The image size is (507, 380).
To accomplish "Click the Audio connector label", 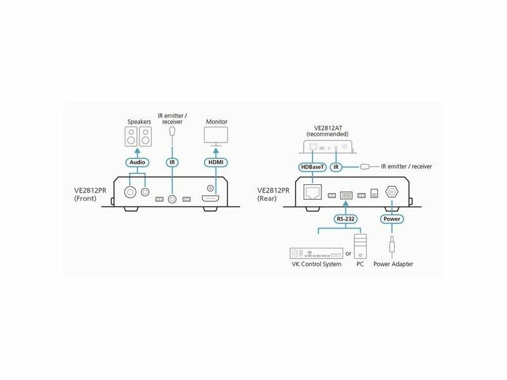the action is click(138, 162).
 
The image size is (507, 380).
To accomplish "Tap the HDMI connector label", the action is click(215, 162).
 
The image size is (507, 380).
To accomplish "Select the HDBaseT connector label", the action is click(312, 167).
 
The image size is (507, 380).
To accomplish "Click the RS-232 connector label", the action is click(345, 218).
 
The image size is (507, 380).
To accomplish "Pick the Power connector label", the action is click(392, 218).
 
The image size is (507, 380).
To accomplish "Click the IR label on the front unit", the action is click(172, 162).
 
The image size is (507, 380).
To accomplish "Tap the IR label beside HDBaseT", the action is click(336, 167).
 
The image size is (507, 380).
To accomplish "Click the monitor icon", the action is click(216, 136).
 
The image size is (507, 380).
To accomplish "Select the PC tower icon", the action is click(360, 246).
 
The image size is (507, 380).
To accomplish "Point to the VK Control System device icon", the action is click(316, 253).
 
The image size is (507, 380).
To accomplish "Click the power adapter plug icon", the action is click(392, 244).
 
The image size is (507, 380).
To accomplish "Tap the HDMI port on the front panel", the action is click(210, 199).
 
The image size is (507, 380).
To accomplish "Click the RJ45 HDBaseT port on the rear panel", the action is click(312, 192).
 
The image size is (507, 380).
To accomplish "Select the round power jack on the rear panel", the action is click(392, 192).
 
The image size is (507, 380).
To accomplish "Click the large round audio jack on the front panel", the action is click(131, 193).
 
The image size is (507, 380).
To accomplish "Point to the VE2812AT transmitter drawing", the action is click(328, 147).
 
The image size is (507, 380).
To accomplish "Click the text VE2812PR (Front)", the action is click(90, 194).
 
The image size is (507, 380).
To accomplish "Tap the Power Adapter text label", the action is click(393, 264).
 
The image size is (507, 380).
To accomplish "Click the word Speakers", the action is click(139, 122).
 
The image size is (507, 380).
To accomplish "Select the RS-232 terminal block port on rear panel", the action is click(346, 196).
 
